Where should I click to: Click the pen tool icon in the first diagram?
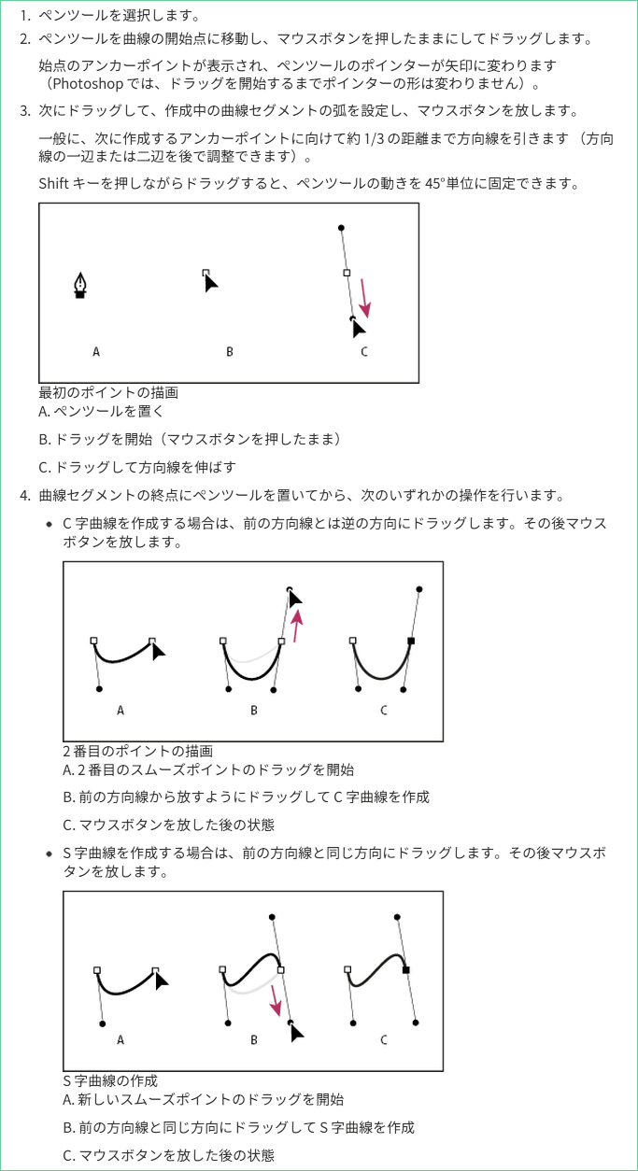[x=80, y=286]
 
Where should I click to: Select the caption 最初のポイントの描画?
[x=108, y=392]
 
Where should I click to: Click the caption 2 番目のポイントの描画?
[x=137, y=750]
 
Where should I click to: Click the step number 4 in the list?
[x=24, y=494]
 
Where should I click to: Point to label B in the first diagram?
[x=230, y=352]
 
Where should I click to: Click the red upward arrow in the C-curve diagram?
[x=297, y=626]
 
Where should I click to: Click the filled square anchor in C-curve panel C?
[x=411, y=642]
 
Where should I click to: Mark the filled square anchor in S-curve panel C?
[x=405, y=971]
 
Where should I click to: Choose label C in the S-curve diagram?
[x=384, y=1039]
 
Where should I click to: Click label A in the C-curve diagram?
[x=121, y=711]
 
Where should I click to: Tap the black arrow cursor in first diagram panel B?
[x=211, y=281]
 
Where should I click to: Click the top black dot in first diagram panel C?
[x=341, y=227]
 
